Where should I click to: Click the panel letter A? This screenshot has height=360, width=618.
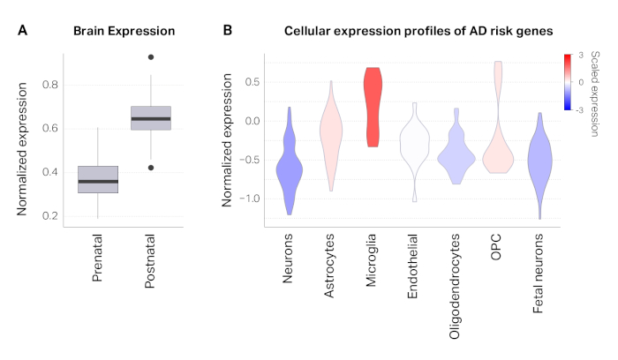tap(22, 31)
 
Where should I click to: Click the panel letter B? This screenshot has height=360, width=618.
tap(227, 31)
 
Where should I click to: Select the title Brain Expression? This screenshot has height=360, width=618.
tap(124, 32)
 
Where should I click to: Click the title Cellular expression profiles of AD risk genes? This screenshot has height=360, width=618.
tap(418, 32)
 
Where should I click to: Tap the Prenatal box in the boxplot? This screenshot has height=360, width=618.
tap(98, 179)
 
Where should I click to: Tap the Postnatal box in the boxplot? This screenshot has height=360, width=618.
tap(150, 117)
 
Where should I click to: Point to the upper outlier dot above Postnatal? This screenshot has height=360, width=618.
tap(151, 57)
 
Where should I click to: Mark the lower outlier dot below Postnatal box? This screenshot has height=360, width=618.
tap(151, 168)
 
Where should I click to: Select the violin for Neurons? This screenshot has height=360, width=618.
tap(289, 163)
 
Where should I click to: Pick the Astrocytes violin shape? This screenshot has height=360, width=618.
tap(331, 137)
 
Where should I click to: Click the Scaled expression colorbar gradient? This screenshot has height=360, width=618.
tap(569, 82)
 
